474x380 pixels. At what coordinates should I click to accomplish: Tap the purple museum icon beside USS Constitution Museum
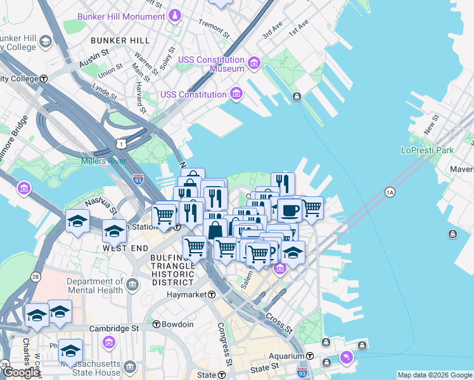[253, 63]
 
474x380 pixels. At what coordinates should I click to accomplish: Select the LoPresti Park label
[427, 151]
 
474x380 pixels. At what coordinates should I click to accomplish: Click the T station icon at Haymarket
[212, 295]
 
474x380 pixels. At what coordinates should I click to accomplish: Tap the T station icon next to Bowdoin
[157, 324]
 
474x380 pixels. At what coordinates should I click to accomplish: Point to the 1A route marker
[390, 192]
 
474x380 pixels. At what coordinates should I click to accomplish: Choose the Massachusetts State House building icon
[130, 367]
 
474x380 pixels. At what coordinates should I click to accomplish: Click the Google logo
[21, 372]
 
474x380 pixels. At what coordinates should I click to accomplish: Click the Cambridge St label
[114, 329]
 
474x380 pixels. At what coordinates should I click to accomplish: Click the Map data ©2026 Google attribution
[434, 375]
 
